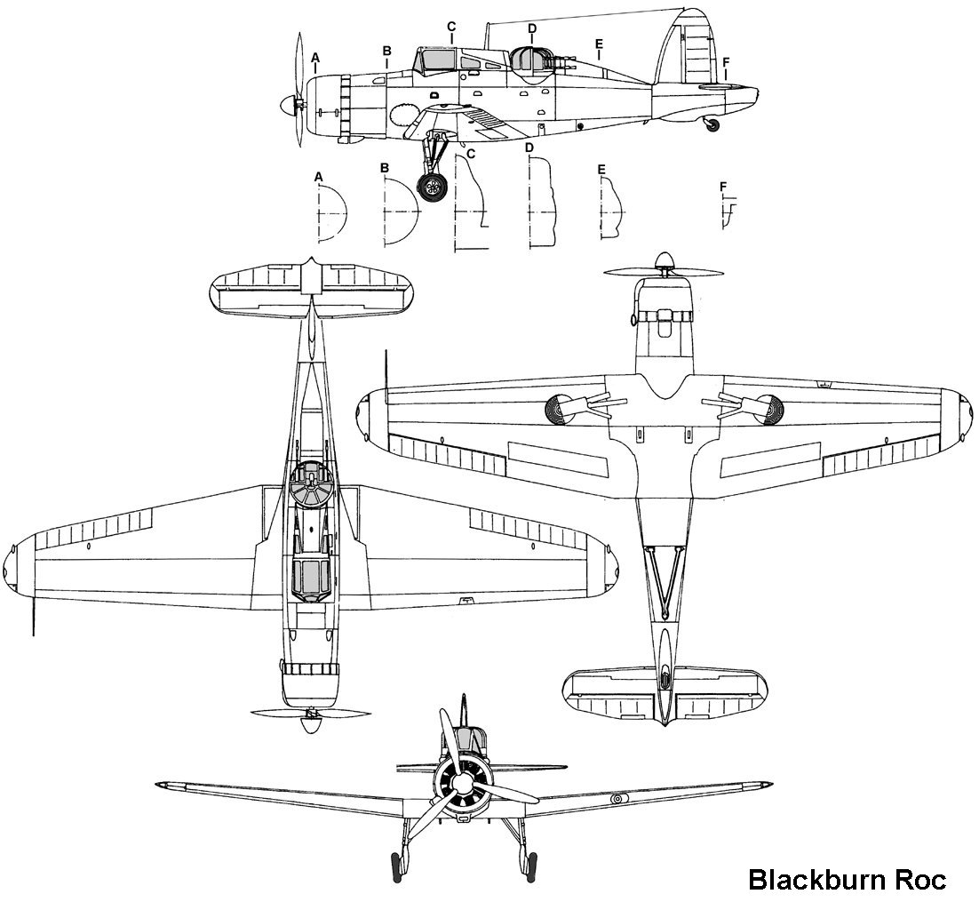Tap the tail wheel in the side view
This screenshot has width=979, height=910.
pos(712,126)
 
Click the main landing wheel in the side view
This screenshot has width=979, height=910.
pos(432,188)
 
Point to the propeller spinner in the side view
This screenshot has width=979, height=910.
pos(287,104)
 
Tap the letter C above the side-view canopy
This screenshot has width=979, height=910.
pos(451,26)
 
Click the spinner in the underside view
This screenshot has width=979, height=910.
pos(663,263)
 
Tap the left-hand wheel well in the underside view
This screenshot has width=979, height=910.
pos(562,409)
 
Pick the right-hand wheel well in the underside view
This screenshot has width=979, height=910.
pos(766,409)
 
